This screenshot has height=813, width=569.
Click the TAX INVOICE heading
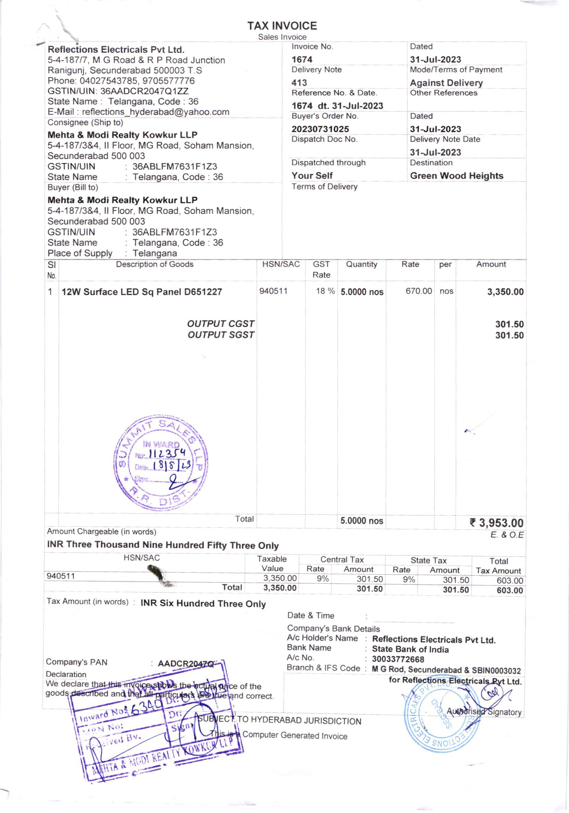click(282, 26)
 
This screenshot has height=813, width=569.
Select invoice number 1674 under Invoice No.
click(302, 59)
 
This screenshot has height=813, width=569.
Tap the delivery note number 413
click(299, 83)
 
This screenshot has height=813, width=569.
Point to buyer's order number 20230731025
click(320, 129)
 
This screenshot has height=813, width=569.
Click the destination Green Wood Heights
click(457, 176)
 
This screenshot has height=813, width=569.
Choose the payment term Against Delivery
click(446, 83)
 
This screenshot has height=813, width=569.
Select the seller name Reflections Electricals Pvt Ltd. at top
click(116, 50)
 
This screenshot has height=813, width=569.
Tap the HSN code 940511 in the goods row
click(273, 291)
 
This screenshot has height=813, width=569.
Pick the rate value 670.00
click(419, 291)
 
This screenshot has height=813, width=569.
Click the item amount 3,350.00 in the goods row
click(505, 292)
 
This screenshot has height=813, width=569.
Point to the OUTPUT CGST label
click(221, 324)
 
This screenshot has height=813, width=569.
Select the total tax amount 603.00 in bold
click(509, 590)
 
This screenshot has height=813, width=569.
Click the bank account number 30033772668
click(398, 659)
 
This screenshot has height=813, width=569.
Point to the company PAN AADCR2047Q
click(186, 663)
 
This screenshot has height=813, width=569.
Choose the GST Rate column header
click(321, 270)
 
